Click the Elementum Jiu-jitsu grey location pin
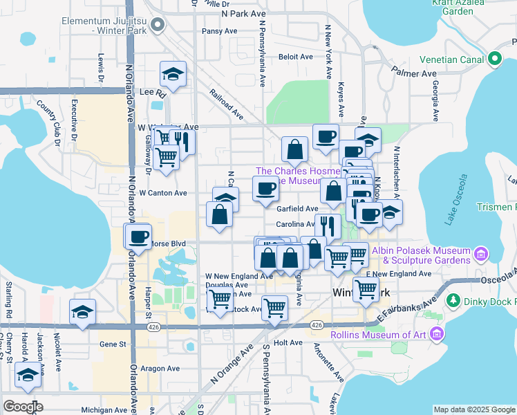pyautogui.click(x=158, y=26)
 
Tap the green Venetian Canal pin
pyautogui.click(x=494, y=59)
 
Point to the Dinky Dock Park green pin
pyautogui.click(x=453, y=301)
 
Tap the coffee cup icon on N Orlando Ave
pyautogui.click(x=138, y=236)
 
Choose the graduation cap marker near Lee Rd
pyautogui.click(x=173, y=74)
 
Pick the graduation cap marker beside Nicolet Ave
pyautogui.click(x=82, y=311)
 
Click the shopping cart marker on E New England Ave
pyautogui.click(x=366, y=288)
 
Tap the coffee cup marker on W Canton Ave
pyautogui.click(x=265, y=189)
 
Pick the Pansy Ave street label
pyautogui.click(x=219, y=31)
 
